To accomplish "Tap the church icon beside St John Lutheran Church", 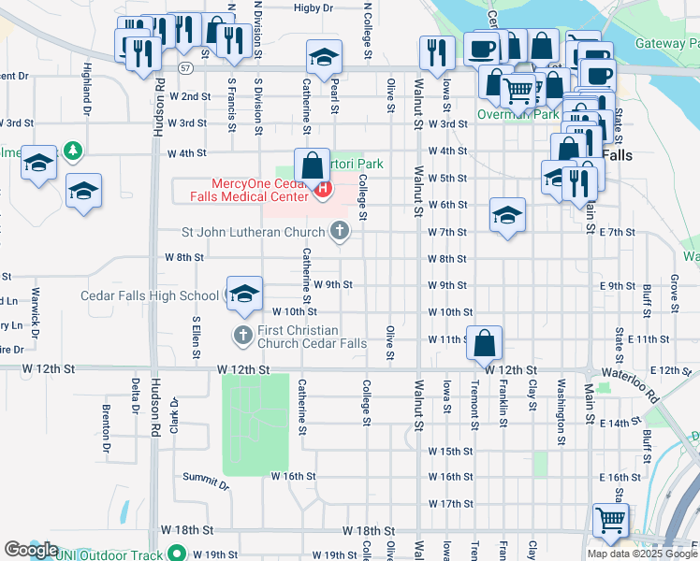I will pyautogui.click(x=340, y=230).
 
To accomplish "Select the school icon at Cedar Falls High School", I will pyautogui.click(x=243, y=294).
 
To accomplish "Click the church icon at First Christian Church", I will pyautogui.click(x=242, y=335).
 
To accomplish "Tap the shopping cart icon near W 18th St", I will pyautogui.click(x=610, y=520).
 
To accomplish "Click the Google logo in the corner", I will pyautogui.click(x=31, y=550).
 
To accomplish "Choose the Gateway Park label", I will pyautogui.click(x=667, y=43).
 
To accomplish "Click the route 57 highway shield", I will pyautogui.click(x=186, y=68).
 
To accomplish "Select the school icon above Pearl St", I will pyautogui.click(x=324, y=59).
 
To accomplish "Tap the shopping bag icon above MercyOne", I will pyautogui.click(x=312, y=165).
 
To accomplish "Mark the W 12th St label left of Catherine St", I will pyautogui.click(x=243, y=370).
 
